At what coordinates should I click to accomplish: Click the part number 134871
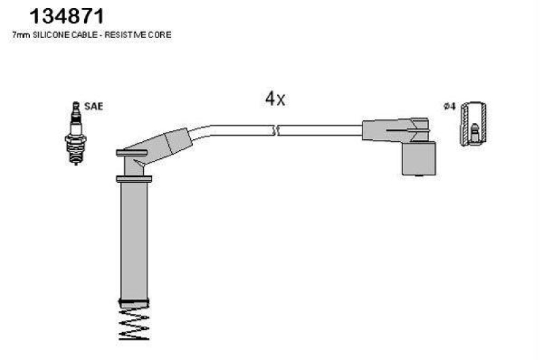click(x=67, y=16)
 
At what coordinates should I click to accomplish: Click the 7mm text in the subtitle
click(x=21, y=35)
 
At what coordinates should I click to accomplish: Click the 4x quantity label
click(x=276, y=98)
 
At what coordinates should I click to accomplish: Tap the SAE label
click(x=94, y=106)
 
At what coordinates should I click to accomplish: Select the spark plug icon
click(x=76, y=133)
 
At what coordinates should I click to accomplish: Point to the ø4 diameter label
click(x=450, y=106)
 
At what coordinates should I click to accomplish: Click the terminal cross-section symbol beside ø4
click(x=473, y=124)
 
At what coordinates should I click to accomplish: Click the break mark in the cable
click(x=276, y=130)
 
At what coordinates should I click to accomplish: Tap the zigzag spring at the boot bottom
click(x=134, y=323)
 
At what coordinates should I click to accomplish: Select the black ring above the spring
click(x=134, y=302)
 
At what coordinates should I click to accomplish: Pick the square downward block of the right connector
click(x=419, y=158)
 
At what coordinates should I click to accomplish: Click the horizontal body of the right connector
click(x=395, y=130)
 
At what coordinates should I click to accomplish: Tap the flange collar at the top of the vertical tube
click(x=134, y=179)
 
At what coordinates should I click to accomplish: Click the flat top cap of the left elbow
click(x=132, y=153)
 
